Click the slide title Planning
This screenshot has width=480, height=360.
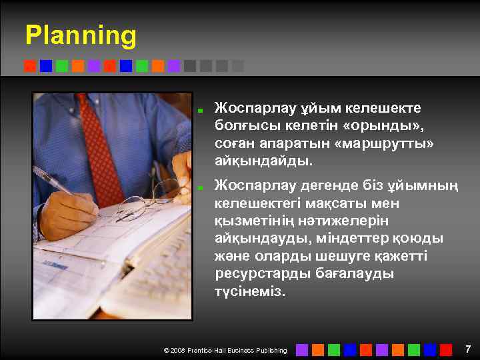[x=81, y=35]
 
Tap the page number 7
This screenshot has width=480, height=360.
[x=468, y=349]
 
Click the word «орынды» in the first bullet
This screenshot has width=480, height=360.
[x=381, y=125]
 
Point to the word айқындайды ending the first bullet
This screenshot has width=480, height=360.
[x=264, y=161]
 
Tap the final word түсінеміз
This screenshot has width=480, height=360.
[x=250, y=292]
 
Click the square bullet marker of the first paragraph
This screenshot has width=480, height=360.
[x=199, y=108]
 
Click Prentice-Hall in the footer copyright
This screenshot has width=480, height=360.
[x=211, y=350]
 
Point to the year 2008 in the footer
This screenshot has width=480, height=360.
[x=177, y=350]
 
